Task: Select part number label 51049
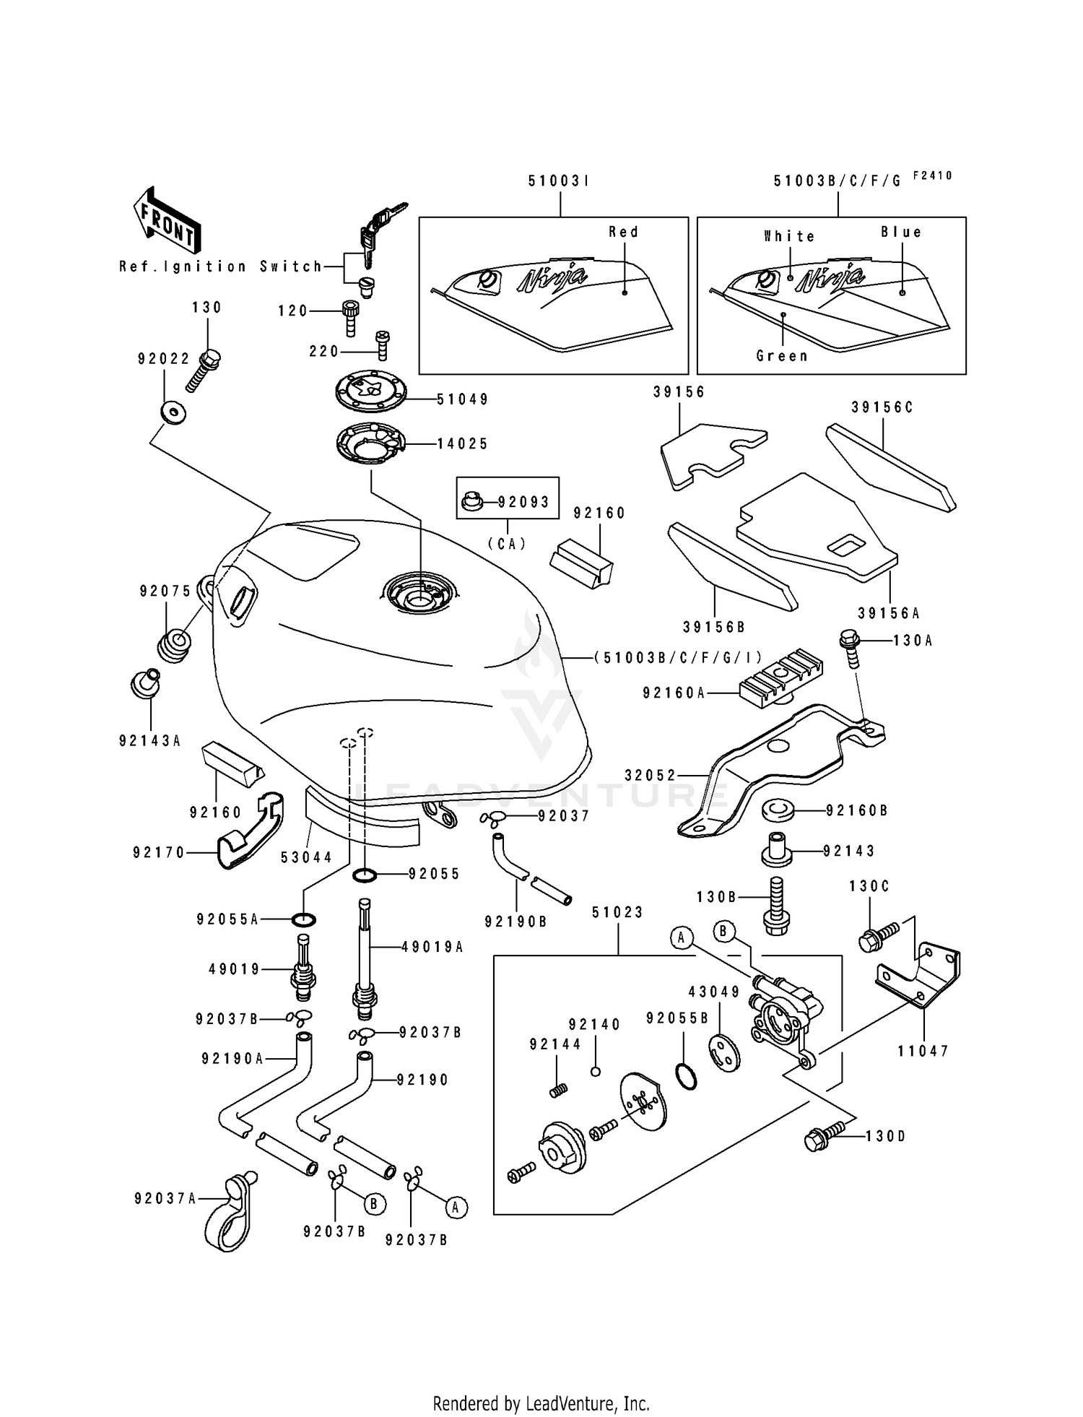[463, 399]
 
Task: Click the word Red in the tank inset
[623, 233]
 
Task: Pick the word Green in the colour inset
[782, 356]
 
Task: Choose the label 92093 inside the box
[523, 502]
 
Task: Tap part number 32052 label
[650, 776]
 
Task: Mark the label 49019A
[432, 947]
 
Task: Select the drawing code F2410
[932, 175]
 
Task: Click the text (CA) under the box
[508, 544]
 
